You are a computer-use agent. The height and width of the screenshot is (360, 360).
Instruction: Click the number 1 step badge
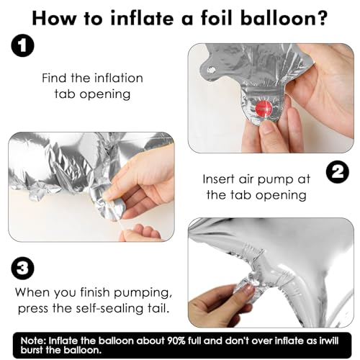pyautogui.click(x=23, y=45)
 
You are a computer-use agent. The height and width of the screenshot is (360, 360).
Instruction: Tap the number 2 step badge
pyautogui.click(x=338, y=173)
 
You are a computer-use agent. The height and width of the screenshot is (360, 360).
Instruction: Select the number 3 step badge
pyautogui.click(x=23, y=268)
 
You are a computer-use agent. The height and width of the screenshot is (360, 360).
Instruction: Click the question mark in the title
pyautogui.click(x=321, y=18)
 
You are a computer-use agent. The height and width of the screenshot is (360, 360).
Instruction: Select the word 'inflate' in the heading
pyautogui.click(x=142, y=17)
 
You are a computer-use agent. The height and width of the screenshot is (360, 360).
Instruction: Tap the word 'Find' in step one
pyautogui.click(x=54, y=78)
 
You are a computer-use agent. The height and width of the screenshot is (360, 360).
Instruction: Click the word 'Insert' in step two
pyautogui.click(x=218, y=179)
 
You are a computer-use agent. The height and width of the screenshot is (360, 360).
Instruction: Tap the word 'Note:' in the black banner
pyautogui.click(x=33, y=341)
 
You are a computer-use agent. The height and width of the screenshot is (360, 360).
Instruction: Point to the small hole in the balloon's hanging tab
pyautogui.click(x=212, y=70)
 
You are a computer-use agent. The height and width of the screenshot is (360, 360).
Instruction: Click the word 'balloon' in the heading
pyautogui.click(x=276, y=17)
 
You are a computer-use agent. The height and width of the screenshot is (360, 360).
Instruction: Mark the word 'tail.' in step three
pyautogui.click(x=158, y=308)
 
